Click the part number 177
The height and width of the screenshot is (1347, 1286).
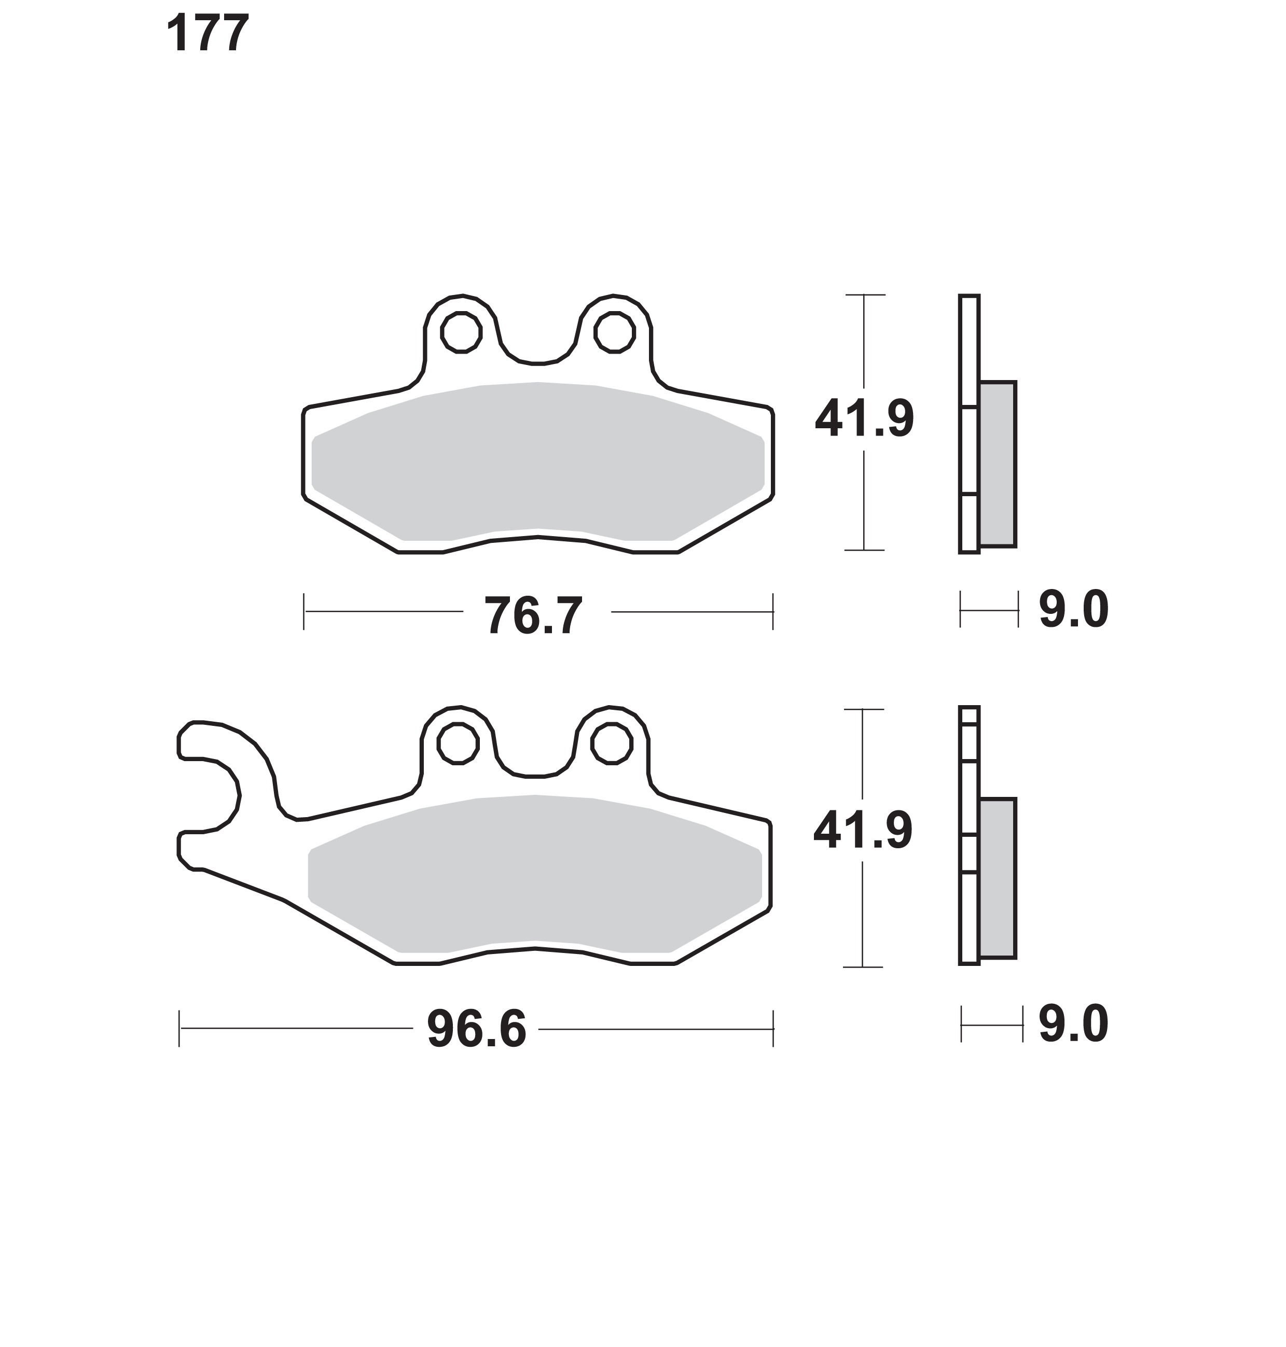207,33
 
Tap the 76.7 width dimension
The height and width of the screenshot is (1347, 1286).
533,615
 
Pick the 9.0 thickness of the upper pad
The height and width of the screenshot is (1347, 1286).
1073,609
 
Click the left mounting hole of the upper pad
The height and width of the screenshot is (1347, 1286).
461,332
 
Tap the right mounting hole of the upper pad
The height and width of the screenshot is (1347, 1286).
615,332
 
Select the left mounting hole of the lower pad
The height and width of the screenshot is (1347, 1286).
458,742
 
